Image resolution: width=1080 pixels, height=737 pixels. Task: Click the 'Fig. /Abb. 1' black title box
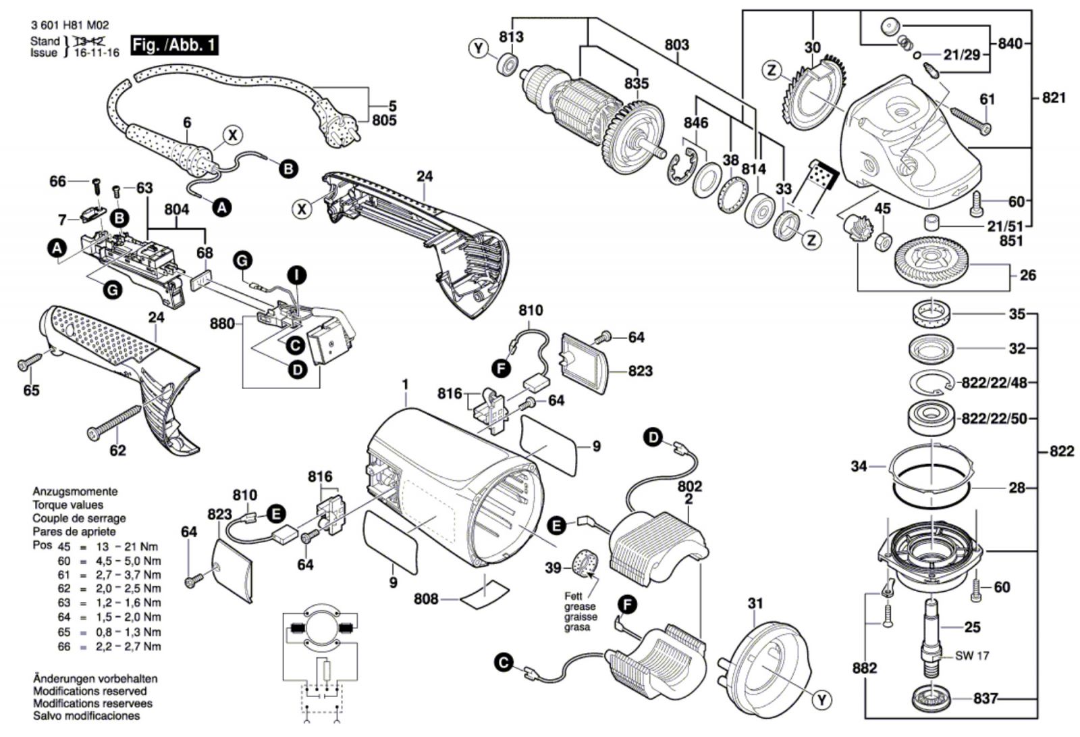[175, 45]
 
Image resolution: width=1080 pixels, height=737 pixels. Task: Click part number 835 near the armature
[636, 83]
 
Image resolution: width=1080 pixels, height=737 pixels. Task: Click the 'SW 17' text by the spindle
[972, 655]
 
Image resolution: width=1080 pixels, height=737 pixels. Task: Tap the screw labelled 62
[115, 422]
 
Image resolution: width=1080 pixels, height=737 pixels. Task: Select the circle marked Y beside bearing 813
[479, 48]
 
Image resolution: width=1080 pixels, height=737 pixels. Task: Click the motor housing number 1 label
[405, 385]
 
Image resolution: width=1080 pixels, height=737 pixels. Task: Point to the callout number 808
[426, 599]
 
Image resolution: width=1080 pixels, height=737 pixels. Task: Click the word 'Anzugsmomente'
[75, 492]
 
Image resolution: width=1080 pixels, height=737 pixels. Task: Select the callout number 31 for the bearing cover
[755, 603]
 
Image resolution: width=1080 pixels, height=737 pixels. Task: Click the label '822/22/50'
[994, 419]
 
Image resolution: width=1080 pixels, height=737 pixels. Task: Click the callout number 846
[695, 122]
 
